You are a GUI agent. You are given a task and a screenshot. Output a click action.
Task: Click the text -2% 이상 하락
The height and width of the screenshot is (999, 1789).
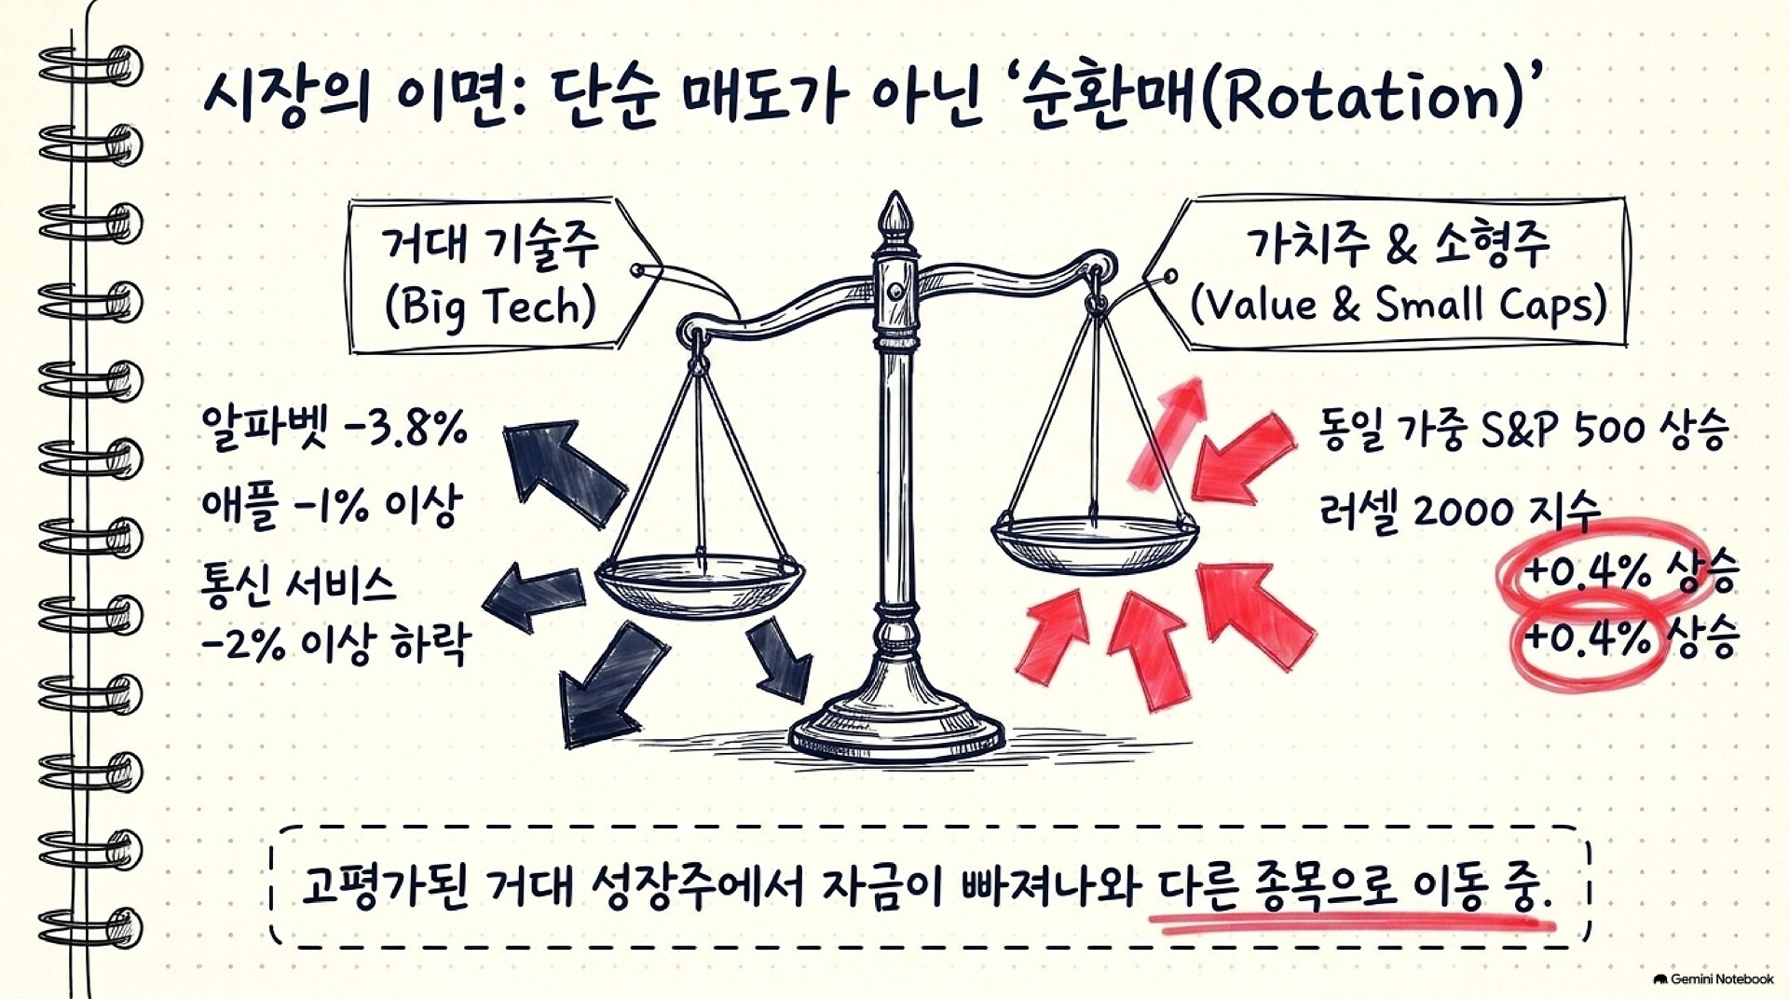(335, 644)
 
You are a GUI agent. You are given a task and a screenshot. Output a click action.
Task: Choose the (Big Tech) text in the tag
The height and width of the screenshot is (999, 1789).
(490, 306)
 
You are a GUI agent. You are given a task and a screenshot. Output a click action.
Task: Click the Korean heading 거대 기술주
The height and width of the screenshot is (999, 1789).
(490, 245)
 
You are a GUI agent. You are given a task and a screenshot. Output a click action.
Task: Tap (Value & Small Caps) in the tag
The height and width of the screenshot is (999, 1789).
(1399, 304)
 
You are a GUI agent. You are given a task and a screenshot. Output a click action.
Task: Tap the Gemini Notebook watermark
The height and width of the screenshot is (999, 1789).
(1714, 979)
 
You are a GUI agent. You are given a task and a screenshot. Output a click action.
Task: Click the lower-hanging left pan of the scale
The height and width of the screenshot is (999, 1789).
(700, 582)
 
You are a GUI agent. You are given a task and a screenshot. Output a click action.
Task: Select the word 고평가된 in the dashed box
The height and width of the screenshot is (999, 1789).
(386, 885)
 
